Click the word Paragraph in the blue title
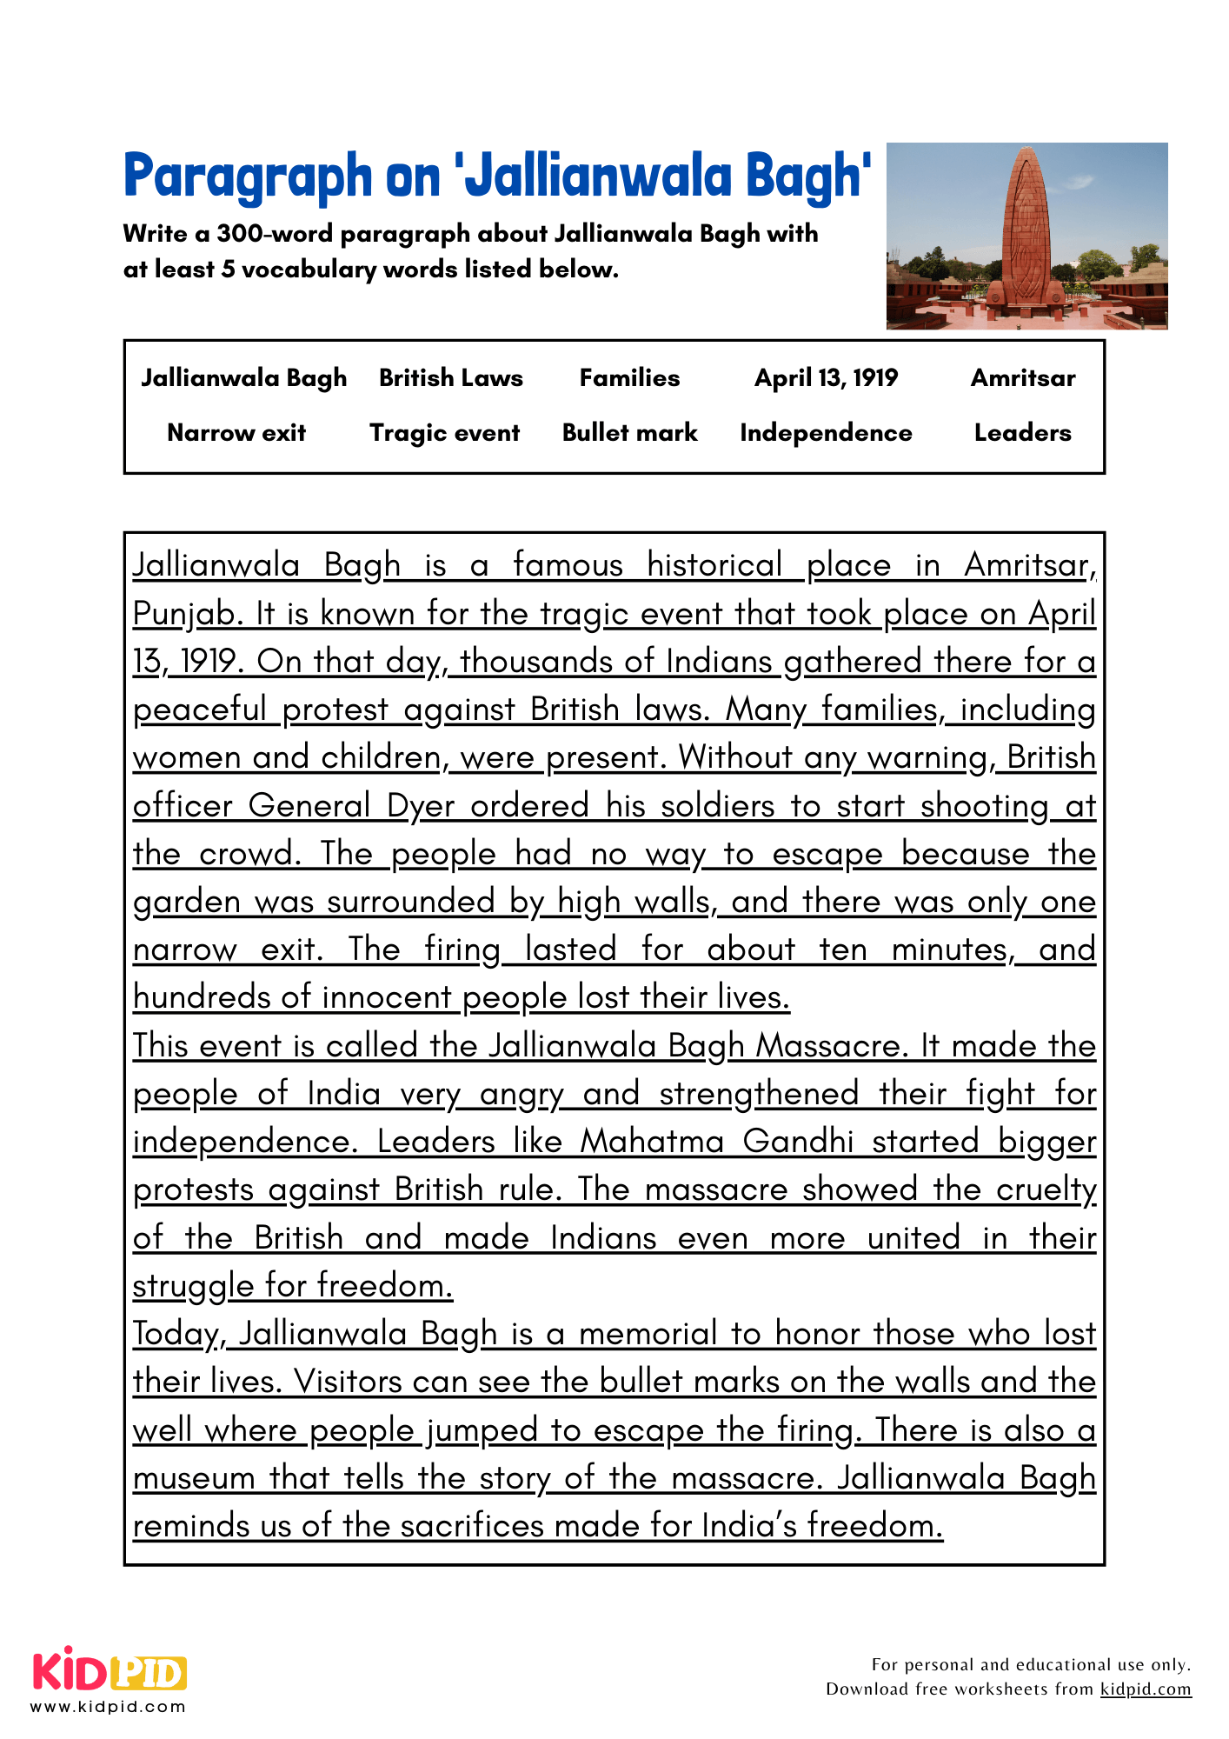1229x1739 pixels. (247, 177)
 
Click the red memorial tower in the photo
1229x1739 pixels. (1028, 230)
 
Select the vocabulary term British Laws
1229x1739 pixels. (451, 378)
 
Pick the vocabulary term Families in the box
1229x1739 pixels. (629, 378)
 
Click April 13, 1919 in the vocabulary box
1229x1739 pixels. (826, 378)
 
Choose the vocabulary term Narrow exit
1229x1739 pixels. (236, 433)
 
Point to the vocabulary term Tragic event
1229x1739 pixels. (445, 433)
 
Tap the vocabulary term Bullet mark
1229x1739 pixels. (629, 433)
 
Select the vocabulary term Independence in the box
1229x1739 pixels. (826, 433)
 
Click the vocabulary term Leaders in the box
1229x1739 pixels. (1022, 433)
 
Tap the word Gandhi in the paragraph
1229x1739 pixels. (798, 1142)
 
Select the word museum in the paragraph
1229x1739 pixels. (194, 1478)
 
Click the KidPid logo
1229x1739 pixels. (110, 1671)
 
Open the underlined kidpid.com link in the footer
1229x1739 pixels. (1145, 1689)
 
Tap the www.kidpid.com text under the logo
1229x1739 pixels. (109, 1707)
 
